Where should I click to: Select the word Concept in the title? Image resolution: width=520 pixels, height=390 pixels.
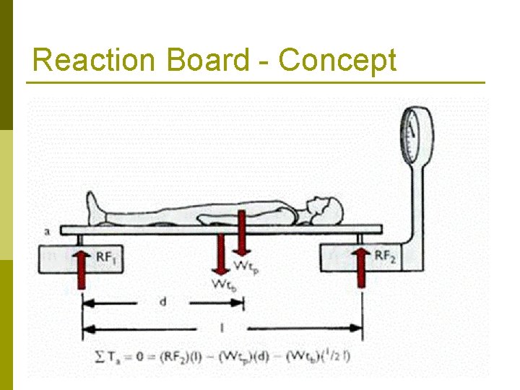coord(337,60)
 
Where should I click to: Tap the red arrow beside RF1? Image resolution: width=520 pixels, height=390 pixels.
coord(81,267)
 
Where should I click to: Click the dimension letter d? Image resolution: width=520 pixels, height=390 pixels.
coord(162,302)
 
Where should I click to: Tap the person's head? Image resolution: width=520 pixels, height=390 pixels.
coord(326,209)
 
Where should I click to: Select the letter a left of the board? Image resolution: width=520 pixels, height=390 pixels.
coord(47,231)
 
